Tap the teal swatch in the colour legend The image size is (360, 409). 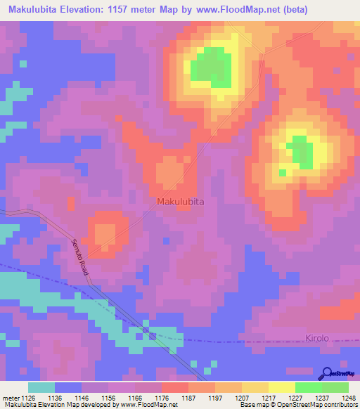(41, 387)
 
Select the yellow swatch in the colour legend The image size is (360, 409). (281, 387)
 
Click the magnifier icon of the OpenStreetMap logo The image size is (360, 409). (327, 373)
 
